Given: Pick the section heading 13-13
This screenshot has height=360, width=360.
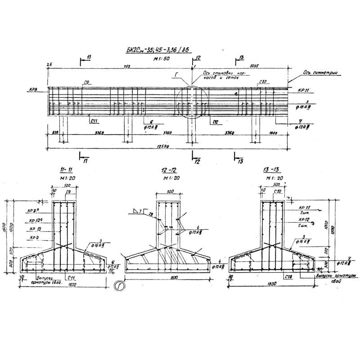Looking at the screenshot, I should pyautogui.click(x=272, y=170).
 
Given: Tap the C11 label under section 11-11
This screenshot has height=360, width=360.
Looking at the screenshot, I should pyautogui.click(x=71, y=279).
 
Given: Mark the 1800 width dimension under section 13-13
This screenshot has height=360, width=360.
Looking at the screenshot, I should pyautogui.click(x=271, y=284).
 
